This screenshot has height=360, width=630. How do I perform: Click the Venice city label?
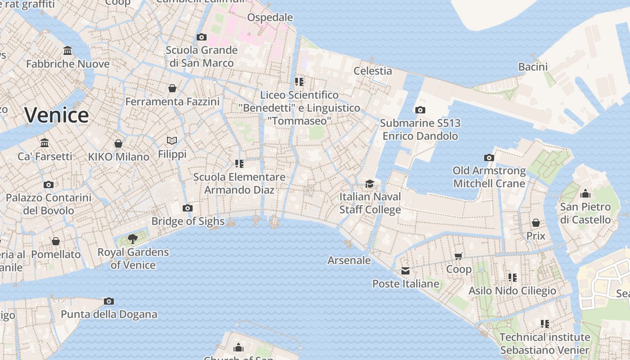(x=56, y=115)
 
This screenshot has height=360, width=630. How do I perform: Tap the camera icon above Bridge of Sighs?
(x=188, y=208)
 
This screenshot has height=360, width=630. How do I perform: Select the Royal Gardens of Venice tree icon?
(x=132, y=238)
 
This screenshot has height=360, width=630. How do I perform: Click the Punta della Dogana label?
(x=109, y=314)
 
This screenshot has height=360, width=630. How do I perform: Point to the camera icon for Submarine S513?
(x=420, y=110)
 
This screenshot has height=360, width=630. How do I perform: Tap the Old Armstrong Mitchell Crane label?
(x=489, y=177)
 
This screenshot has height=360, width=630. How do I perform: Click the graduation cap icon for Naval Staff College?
(x=369, y=184)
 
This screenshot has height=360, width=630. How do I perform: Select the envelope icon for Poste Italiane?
(x=405, y=270)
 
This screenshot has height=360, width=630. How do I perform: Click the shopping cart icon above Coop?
(x=459, y=256)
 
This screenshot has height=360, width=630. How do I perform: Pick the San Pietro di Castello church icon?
(x=585, y=193)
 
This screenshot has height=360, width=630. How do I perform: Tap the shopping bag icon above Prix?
(x=535, y=223)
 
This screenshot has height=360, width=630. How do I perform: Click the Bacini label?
(x=533, y=67)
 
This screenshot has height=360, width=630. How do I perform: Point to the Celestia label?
(x=373, y=71)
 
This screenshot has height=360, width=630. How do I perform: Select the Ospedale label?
(x=270, y=18)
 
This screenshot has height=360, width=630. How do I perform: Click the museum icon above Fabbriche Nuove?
(x=67, y=50)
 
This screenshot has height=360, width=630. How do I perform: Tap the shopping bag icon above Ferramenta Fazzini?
(x=172, y=88)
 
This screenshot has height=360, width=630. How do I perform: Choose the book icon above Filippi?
(x=172, y=140)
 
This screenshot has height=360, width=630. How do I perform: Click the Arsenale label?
(x=349, y=260)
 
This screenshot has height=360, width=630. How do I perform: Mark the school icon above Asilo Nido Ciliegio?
(x=512, y=277)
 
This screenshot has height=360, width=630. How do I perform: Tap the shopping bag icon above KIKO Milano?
(x=118, y=144)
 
